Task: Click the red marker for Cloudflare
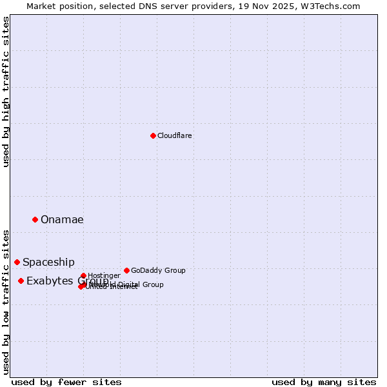coord(153,135)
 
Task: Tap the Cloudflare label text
coord(175,136)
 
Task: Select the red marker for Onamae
coord(35,219)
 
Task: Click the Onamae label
coord(62,220)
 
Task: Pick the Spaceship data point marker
coord(17,262)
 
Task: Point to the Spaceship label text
coord(48,263)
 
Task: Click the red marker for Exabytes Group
coord(21,281)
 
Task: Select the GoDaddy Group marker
coord(126,270)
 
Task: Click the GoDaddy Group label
coord(158,271)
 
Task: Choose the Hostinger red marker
coord(83,275)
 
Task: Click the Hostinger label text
coord(104,276)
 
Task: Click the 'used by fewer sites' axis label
coord(66,382)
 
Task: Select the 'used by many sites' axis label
coord(324,382)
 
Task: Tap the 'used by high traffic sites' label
coord(6,92)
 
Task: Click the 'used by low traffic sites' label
coord(6,301)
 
